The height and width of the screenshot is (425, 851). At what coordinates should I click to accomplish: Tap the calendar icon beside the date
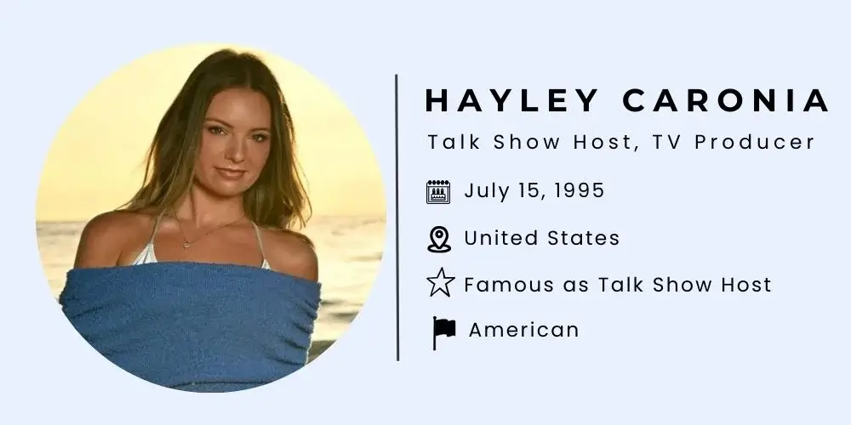(438, 192)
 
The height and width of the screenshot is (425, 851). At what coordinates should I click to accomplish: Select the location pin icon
(438, 240)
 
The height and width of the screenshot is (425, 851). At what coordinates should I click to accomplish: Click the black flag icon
(443, 331)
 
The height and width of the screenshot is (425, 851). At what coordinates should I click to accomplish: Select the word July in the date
(483, 191)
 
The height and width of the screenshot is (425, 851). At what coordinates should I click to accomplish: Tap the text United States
(541, 239)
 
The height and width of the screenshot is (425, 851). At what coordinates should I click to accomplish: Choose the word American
(523, 330)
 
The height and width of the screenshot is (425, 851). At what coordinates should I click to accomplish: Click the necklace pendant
(186, 244)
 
